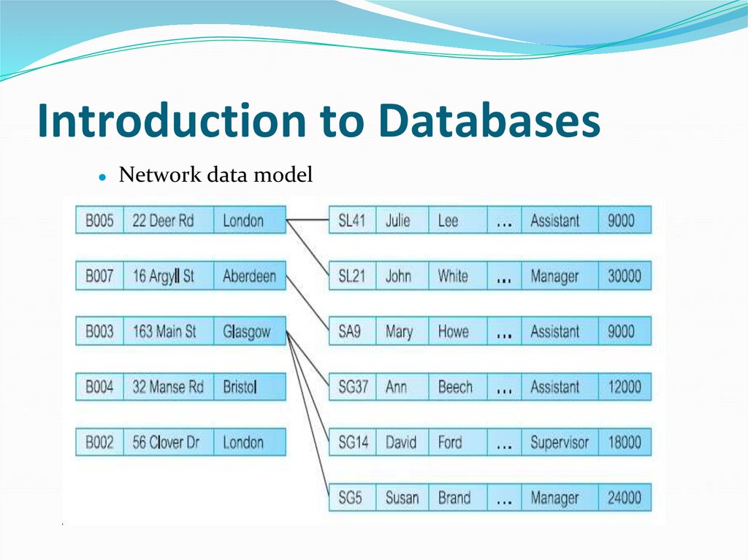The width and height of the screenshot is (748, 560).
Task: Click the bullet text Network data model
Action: tap(215, 175)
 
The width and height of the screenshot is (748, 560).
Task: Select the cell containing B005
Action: tap(99, 220)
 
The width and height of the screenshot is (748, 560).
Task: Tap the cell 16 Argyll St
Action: tap(164, 276)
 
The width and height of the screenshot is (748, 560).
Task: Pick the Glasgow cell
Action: tap(247, 331)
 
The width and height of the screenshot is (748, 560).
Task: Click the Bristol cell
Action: tap(240, 387)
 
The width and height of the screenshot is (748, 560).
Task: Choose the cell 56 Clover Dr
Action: tap(165, 442)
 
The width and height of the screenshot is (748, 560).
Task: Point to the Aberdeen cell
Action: tap(249, 276)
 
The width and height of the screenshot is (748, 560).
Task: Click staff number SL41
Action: tap(351, 220)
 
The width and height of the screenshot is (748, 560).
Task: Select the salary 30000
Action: tap(624, 276)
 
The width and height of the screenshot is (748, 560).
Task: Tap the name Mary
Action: tap(399, 331)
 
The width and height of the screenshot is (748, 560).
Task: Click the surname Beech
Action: tap(455, 387)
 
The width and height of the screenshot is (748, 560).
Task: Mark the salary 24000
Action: tap(624, 498)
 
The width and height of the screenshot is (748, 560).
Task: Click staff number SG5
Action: tap(350, 498)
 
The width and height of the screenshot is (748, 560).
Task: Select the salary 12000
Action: tap(624, 387)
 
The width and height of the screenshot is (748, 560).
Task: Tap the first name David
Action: tap(400, 442)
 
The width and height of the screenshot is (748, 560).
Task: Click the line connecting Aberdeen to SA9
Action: tap(307, 303)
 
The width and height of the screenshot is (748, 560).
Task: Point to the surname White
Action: tap(453, 276)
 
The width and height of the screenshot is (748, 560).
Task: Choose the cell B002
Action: tap(99, 442)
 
